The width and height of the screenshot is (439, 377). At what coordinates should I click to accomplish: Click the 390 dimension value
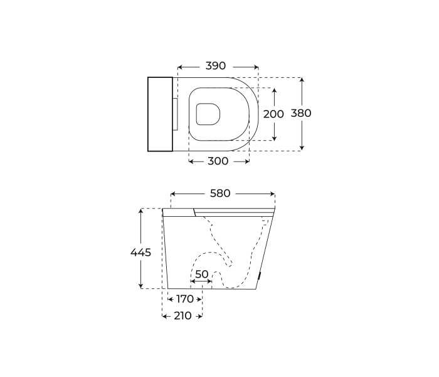pos(216,66)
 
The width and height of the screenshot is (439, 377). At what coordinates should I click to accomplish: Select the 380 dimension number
pos(301,113)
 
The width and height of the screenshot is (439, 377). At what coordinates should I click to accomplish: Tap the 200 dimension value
pos(273,114)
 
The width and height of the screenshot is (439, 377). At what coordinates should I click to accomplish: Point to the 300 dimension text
pos(218,161)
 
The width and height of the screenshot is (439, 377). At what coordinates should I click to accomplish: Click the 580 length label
pos(220,194)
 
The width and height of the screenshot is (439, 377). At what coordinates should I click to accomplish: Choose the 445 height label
pos(140,253)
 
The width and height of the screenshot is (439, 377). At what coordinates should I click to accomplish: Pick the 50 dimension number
pos(202,275)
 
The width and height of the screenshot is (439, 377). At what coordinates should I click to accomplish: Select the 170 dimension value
pos(185,299)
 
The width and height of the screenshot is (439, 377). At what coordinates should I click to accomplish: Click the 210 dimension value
pos(182,316)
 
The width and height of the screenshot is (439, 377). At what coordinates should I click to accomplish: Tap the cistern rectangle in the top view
pos(160,114)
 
